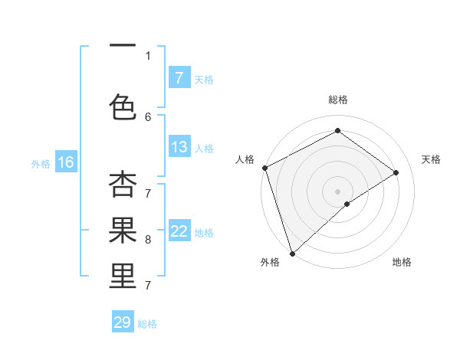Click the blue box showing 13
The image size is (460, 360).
pyautogui.click(x=179, y=147)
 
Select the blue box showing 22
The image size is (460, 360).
pyautogui.click(x=179, y=231)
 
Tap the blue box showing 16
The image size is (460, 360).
pyautogui.click(x=65, y=162)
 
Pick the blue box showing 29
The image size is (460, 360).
pyautogui.click(x=123, y=322)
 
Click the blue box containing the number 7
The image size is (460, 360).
pyautogui.click(x=179, y=77)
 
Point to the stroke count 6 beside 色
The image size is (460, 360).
pyautogui.click(x=148, y=116)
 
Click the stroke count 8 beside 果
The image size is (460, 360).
pyautogui.click(x=148, y=239)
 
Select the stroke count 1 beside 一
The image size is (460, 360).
pyautogui.click(x=148, y=55)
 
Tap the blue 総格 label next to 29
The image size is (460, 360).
pyautogui.click(x=147, y=323)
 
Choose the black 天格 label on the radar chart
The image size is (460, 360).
pyautogui.click(x=431, y=159)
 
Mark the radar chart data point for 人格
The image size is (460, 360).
pyautogui.click(x=264, y=168)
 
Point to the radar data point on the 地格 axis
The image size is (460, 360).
pyautogui.click(x=347, y=204)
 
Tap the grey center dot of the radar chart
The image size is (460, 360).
pyautogui.click(x=337, y=191)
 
